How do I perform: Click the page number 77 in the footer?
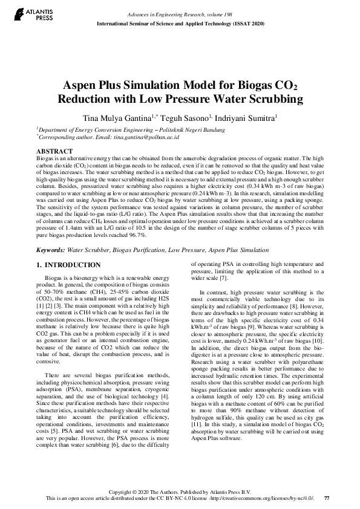[x=327, y=498]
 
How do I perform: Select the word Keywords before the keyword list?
[x=50, y=249]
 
